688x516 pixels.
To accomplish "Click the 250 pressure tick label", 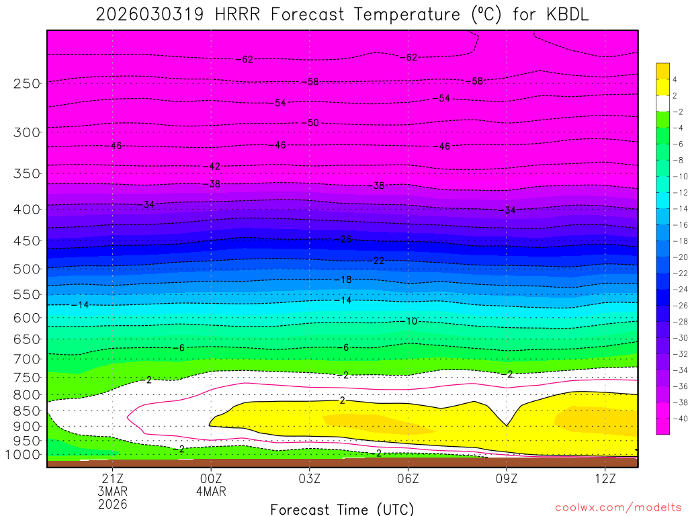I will pyautogui.click(x=27, y=84).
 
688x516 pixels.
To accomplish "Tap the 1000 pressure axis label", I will pyautogui.click(x=24, y=455).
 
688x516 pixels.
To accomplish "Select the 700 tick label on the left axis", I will pyautogui.click(x=27, y=359).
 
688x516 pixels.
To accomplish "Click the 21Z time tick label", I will pyautogui.click(x=112, y=478).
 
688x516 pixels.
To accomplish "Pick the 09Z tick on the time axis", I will pyautogui.click(x=507, y=478).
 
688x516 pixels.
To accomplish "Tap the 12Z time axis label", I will pyautogui.click(x=605, y=478).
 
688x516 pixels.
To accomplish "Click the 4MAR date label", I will pyautogui.click(x=211, y=491).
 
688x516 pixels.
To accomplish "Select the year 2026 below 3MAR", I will pyautogui.click(x=112, y=504).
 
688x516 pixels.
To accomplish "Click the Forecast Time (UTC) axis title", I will pyautogui.click(x=343, y=509).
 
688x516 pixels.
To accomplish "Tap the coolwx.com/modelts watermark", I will pyautogui.click(x=617, y=507).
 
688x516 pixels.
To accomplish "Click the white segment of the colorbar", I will pyautogui.click(x=662, y=103).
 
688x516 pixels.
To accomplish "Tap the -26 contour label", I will pyautogui.click(x=345, y=239).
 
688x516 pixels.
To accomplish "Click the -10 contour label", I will pyautogui.click(x=411, y=321).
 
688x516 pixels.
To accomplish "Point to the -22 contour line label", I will pyautogui.click(x=378, y=261).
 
